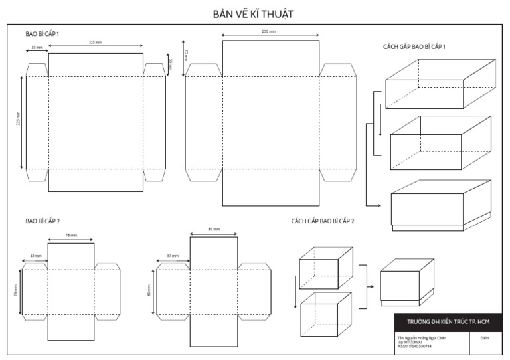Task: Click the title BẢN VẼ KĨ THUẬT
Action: [x=255, y=13]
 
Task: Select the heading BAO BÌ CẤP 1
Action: [x=43, y=33]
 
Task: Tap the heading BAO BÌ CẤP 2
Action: [x=43, y=220]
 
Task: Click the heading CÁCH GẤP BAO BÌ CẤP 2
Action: [x=322, y=220]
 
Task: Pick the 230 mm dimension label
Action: [x=269, y=31]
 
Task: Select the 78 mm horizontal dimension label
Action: [x=71, y=236]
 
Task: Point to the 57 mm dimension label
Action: [x=173, y=255]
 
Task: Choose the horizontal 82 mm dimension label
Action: [x=214, y=229]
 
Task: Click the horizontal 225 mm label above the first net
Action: [x=96, y=42]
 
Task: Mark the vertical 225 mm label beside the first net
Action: [x=18, y=123]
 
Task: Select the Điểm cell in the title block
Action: [x=484, y=338]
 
